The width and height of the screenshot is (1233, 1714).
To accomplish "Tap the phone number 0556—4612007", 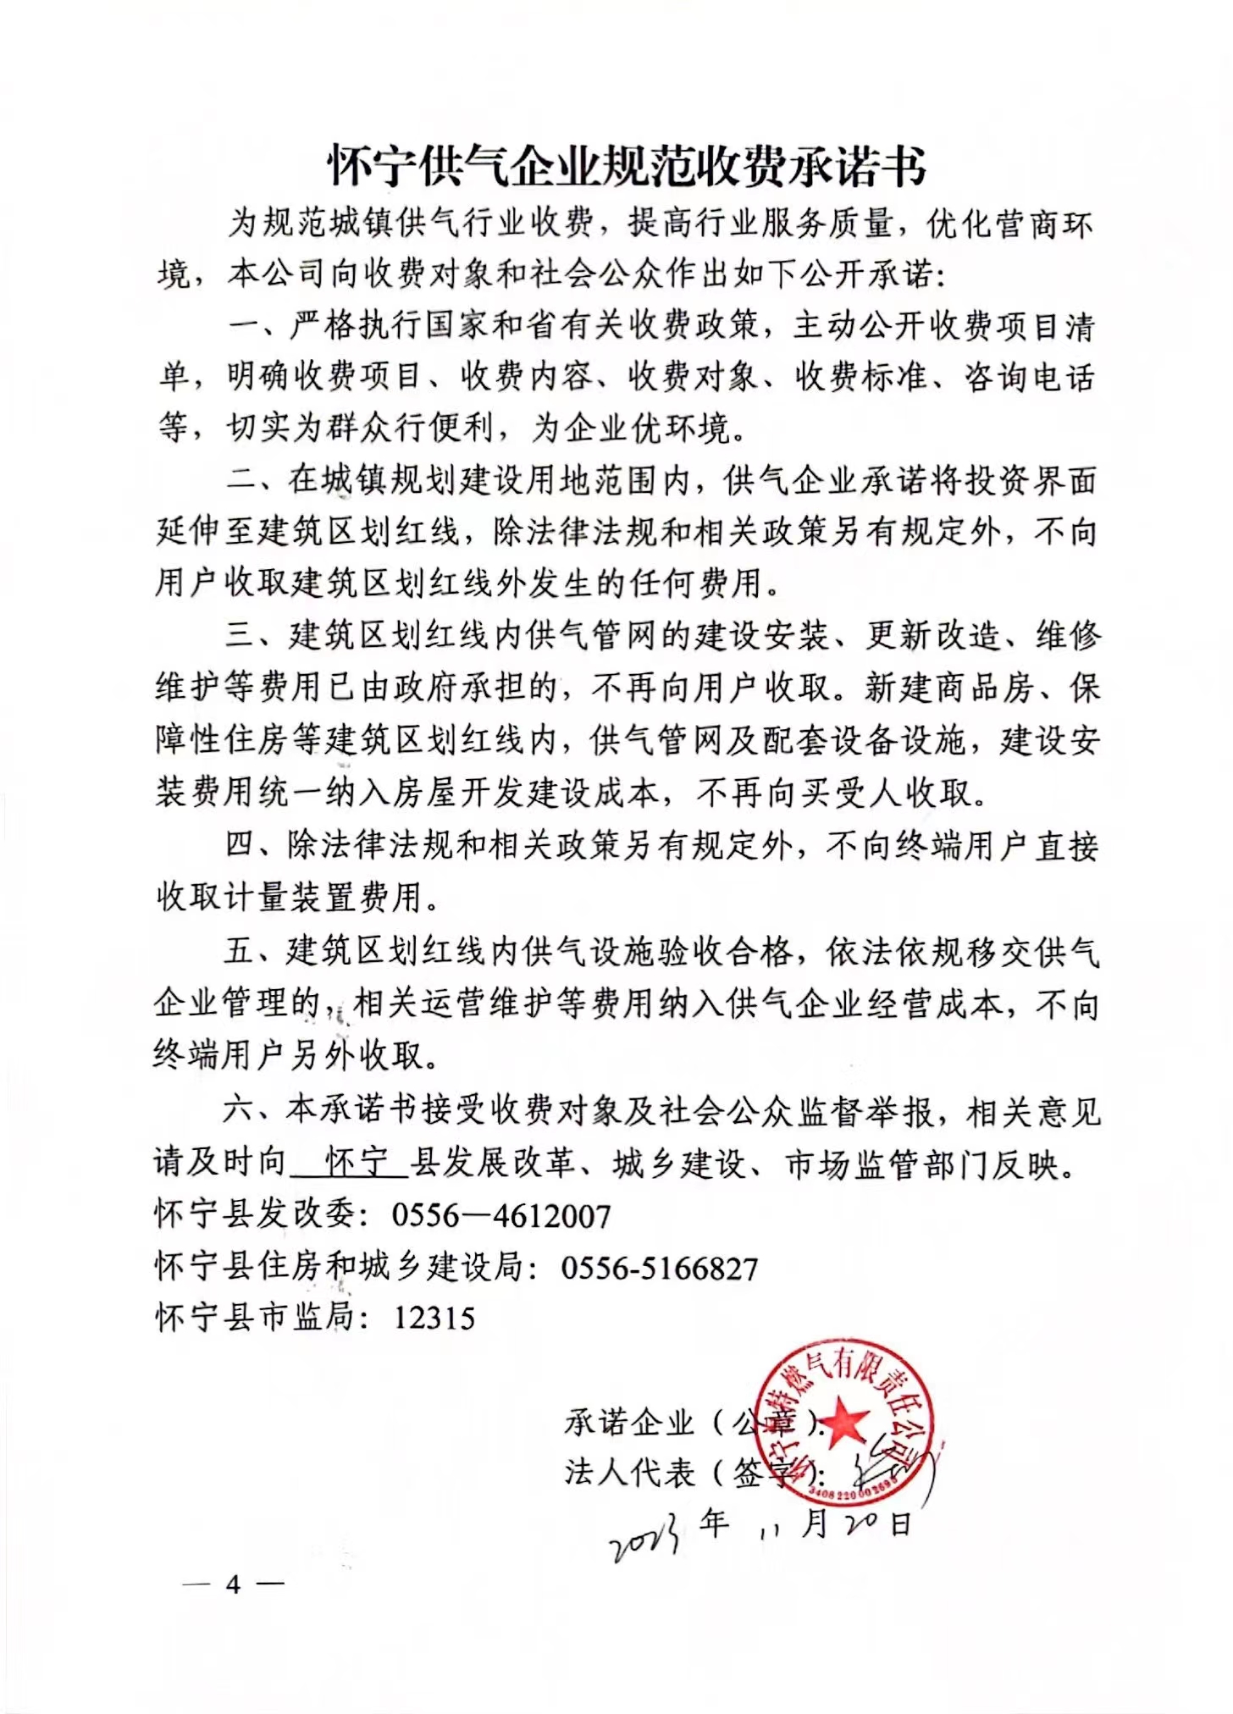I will [x=500, y=1217].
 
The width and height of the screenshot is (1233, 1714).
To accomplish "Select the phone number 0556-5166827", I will [x=659, y=1269].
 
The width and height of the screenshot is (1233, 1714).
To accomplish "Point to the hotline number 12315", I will [x=434, y=1319].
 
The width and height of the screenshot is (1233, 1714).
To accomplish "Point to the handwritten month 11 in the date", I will [x=771, y=1530].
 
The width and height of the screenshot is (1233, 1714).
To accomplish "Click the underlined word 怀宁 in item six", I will [x=357, y=1164].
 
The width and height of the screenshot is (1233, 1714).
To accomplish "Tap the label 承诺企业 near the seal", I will [x=629, y=1423].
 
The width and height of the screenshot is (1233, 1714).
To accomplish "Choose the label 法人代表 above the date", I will [x=629, y=1473].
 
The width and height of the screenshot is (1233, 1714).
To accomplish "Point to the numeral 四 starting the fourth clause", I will [x=241, y=846].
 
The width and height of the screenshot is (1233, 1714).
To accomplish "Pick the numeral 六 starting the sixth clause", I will [x=241, y=1110].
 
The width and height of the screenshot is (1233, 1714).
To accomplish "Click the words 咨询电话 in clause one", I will [x=1029, y=378].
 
